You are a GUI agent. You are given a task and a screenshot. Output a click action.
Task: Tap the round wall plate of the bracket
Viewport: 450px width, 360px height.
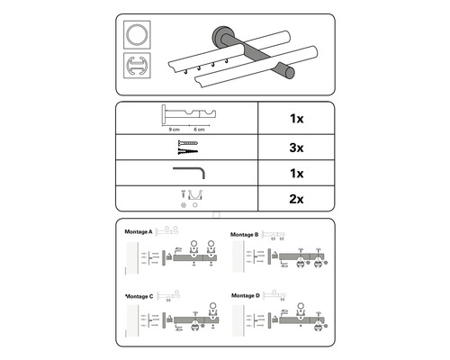coord(219,39)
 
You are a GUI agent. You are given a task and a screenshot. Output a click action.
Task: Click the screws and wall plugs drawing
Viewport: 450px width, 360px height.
coord(186,144)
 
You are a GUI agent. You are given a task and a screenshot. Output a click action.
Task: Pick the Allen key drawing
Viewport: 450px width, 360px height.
coord(188,170)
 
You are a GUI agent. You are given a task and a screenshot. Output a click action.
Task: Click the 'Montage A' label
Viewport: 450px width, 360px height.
coord(138,232)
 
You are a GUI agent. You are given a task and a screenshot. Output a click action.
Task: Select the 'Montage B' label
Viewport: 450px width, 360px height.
coord(244,235)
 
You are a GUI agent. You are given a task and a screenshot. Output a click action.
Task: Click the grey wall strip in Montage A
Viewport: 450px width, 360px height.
coord(138,262)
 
